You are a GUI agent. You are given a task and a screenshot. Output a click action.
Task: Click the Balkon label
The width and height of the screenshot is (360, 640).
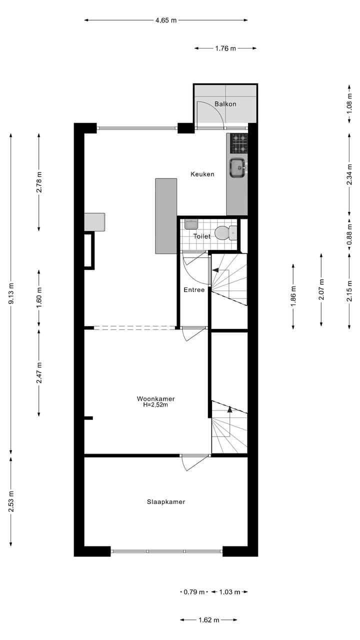pyautogui.click(x=225, y=104)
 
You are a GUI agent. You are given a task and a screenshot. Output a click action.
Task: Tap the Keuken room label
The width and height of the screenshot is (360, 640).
pyautogui.click(x=202, y=174)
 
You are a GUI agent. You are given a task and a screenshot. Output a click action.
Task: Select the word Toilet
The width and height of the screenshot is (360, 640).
pyautogui.click(x=202, y=236)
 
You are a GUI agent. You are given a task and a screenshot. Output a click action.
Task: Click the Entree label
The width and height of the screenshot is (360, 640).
pyautogui.click(x=194, y=289)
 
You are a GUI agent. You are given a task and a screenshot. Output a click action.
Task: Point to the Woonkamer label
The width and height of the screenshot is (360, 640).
pyautogui.click(x=155, y=398)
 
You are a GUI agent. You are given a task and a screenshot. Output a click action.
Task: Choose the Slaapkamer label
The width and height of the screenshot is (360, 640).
pyautogui.click(x=166, y=501)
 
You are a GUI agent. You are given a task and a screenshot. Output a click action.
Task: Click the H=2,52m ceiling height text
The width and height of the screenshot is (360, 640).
pyautogui.click(x=155, y=405)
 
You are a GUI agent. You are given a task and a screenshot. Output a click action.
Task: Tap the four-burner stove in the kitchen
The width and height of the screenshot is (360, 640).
pyautogui.click(x=238, y=143)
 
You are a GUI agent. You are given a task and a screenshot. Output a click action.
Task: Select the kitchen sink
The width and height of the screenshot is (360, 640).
pyautogui.click(x=237, y=167)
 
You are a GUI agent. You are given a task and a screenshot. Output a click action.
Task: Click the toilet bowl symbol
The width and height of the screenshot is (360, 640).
pyautogui.click(x=223, y=232)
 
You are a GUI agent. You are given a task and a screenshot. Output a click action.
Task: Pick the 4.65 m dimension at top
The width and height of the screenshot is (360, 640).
pyautogui.click(x=166, y=20)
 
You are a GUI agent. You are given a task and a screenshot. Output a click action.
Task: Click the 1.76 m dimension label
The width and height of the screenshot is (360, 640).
pyautogui.click(x=225, y=48)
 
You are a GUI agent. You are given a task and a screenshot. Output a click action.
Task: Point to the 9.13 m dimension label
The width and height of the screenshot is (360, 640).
pyautogui.click(x=11, y=293)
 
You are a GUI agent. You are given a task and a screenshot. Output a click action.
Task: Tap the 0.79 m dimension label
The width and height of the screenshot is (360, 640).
pyautogui.click(x=194, y=592)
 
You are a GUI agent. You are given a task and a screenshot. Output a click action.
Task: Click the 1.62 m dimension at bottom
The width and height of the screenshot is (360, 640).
pyautogui.click(x=208, y=620)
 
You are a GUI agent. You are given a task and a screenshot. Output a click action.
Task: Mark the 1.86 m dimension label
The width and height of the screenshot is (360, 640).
pyautogui.click(x=293, y=296)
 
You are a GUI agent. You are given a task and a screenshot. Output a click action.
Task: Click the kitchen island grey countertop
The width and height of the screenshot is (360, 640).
pyautogui.click(x=166, y=216)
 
